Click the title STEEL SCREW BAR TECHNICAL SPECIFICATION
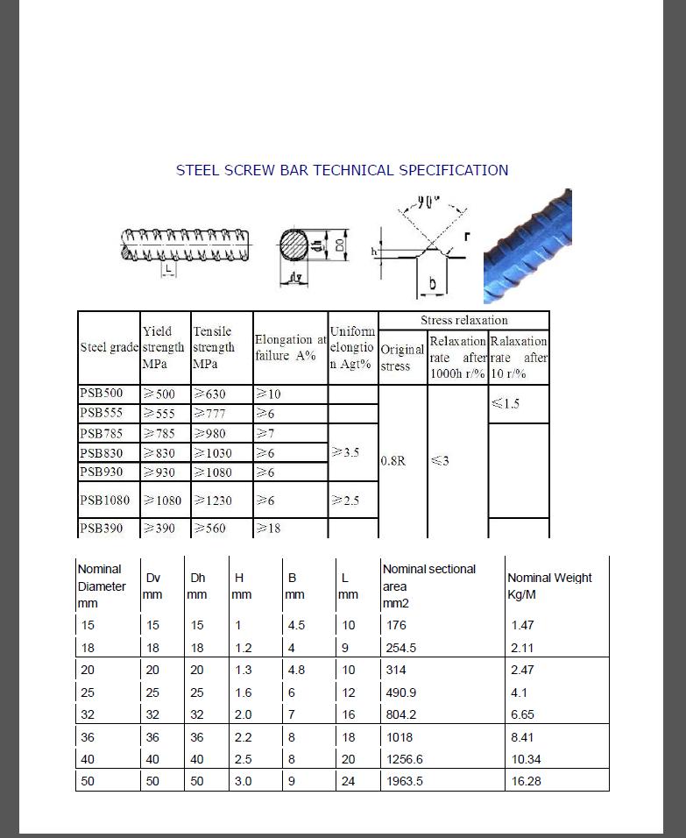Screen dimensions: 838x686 tap(342, 170)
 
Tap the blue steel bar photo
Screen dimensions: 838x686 tap(527, 246)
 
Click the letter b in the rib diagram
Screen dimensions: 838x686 tap(433, 285)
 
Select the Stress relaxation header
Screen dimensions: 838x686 tap(463, 321)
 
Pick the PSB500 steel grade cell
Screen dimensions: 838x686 tap(103, 394)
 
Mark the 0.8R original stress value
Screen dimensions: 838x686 tap(393, 461)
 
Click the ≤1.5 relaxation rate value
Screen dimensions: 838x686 tap(505, 404)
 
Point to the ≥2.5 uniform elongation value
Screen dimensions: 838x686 tap(345, 501)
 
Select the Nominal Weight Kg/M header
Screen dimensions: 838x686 tap(549, 586)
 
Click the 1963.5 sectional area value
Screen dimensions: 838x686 tap(404, 781)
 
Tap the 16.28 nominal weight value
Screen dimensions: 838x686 tap(526, 781)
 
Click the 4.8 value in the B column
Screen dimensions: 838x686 tap(296, 670)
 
